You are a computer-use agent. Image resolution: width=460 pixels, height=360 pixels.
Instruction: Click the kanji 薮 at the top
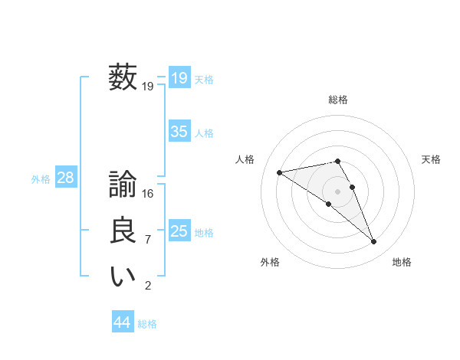click(123, 78)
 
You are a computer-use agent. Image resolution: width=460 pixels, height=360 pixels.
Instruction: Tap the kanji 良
click(123, 231)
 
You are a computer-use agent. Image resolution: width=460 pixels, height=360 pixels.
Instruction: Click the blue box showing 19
click(179, 78)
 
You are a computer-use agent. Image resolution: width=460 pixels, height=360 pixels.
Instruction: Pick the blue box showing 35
click(179, 132)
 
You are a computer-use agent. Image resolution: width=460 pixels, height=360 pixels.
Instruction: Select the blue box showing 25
click(179, 231)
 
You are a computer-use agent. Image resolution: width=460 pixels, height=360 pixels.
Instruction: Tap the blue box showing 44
click(122, 322)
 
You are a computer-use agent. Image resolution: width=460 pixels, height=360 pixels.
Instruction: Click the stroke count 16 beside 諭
click(148, 194)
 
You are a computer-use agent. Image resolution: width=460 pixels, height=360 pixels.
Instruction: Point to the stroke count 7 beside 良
click(148, 240)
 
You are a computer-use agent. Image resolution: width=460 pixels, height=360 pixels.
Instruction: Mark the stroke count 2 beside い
click(148, 286)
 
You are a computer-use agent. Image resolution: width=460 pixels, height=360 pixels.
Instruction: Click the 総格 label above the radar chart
click(338, 100)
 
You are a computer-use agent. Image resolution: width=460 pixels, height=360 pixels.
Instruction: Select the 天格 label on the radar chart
click(431, 159)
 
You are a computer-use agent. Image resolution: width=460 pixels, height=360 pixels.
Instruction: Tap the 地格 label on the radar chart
click(402, 262)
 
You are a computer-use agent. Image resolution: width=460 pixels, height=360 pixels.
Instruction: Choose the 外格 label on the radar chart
click(270, 262)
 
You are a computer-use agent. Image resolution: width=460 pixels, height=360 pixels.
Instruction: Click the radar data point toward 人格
click(279, 172)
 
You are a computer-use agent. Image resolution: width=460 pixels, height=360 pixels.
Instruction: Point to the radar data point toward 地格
click(374, 242)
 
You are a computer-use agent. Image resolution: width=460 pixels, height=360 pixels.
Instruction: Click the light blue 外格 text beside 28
click(41, 179)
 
